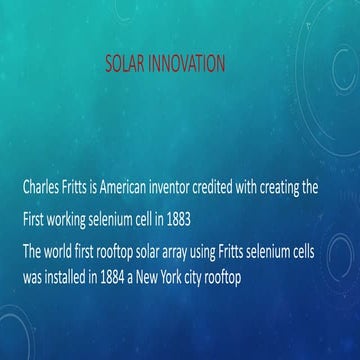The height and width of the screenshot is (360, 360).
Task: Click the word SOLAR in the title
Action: [x=126, y=65]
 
